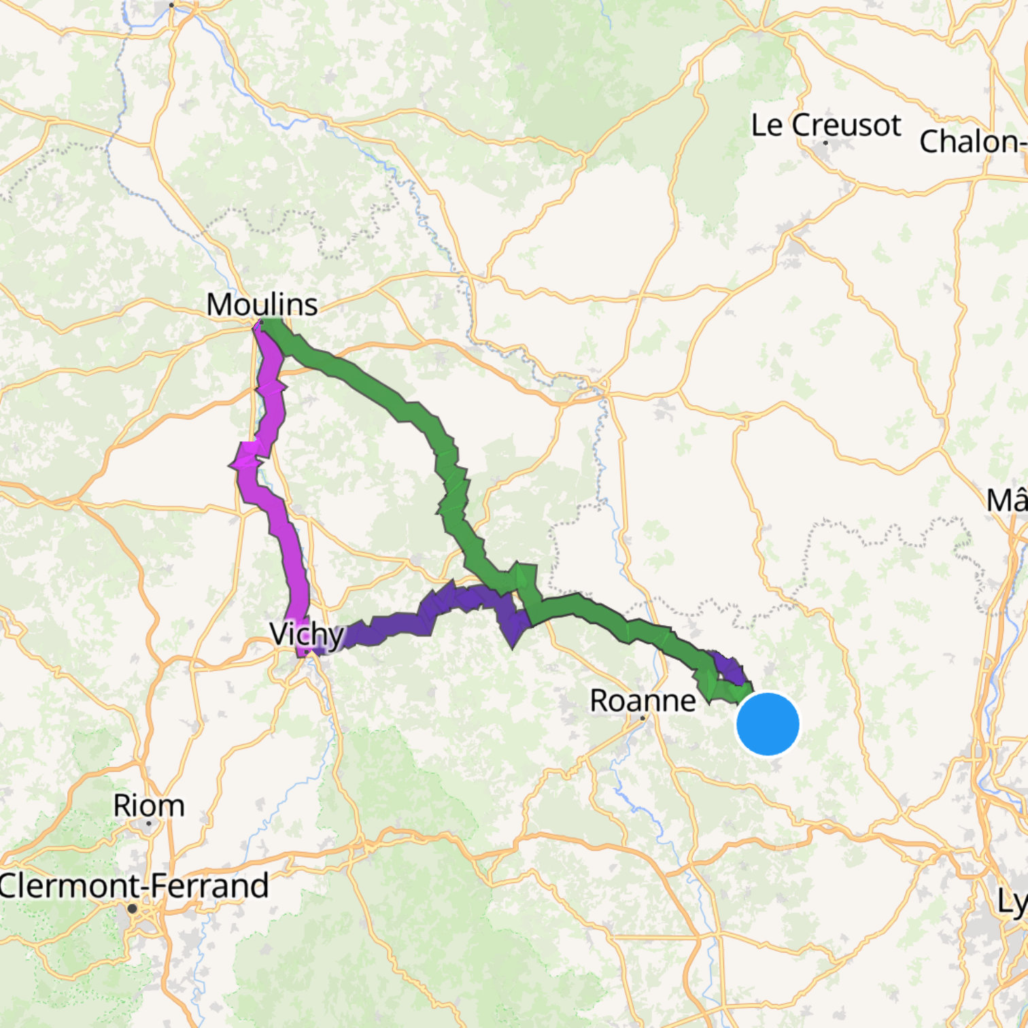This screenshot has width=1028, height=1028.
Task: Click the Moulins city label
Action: pos(262,304)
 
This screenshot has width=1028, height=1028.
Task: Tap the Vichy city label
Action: pos(307,634)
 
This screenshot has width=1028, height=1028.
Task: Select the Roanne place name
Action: pos(642,700)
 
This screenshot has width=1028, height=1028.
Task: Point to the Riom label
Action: pos(149,806)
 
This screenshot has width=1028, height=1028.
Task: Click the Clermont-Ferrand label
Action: pos(134,886)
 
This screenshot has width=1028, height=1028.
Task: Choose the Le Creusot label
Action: pos(825,125)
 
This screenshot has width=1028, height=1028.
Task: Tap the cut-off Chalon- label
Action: pos(972,141)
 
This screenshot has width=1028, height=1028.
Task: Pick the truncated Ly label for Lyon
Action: pos(1012,902)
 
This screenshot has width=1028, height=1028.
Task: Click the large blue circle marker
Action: pos(768,724)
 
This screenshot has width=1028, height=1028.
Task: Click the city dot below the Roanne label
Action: pos(642,717)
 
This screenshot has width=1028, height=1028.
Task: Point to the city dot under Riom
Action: pos(149,823)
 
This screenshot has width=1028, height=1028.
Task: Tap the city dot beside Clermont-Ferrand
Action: pos(132,908)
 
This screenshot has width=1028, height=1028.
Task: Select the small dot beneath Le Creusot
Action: pos(825,143)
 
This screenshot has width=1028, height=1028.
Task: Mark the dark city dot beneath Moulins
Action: pos(260,322)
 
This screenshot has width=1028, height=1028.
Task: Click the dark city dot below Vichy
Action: pos(308,652)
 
